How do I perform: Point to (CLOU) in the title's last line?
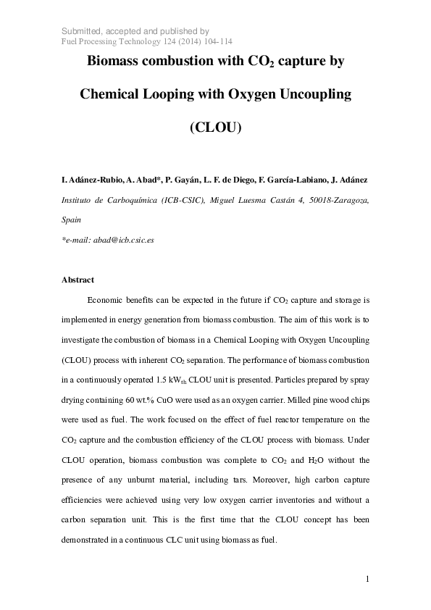214,128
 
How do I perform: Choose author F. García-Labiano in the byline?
290,178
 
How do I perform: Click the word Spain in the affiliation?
72,219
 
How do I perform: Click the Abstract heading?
78,280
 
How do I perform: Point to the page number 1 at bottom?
367,578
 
